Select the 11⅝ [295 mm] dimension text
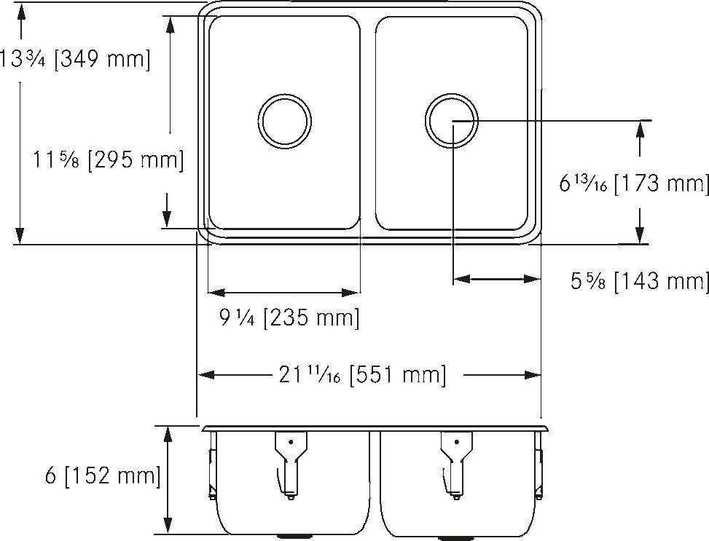(x=109, y=159)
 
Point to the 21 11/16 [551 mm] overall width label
(x=361, y=375)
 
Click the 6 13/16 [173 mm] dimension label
(x=634, y=183)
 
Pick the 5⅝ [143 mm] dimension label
(x=640, y=280)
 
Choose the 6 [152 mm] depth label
(x=102, y=476)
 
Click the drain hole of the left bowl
(x=285, y=119)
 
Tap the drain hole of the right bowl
(x=452, y=119)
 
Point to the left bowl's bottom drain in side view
(x=290, y=537)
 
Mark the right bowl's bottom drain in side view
(x=455, y=537)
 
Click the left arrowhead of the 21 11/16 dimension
(x=206, y=375)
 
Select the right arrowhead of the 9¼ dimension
(x=353, y=293)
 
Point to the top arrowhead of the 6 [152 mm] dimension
(x=168, y=435)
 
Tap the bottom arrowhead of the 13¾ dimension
(x=20, y=235)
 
